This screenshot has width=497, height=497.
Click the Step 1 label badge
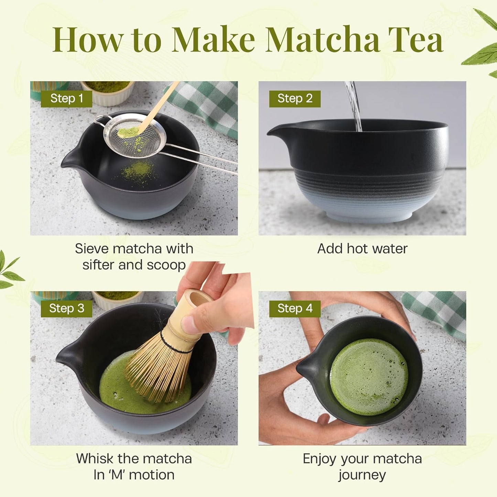click(x=66, y=99)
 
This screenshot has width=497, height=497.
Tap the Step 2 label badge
click(x=295, y=99)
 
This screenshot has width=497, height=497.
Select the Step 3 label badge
click(x=66, y=309)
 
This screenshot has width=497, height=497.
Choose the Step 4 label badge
click(x=295, y=309)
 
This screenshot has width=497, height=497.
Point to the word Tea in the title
click(x=415, y=40)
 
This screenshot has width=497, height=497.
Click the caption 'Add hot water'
click(x=362, y=249)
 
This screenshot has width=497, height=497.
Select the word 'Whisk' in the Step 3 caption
click(x=95, y=458)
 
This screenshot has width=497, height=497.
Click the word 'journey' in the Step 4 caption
click(x=362, y=475)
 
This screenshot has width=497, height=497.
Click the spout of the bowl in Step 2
click(x=275, y=131)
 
